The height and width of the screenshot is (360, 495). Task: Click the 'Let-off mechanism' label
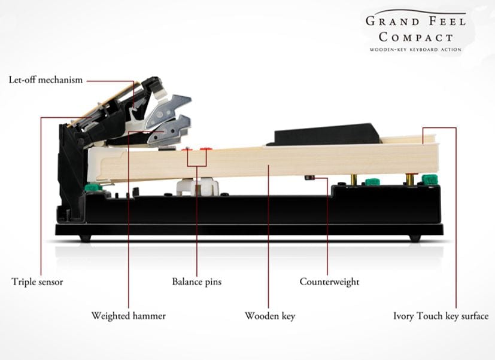pyautogui.click(x=45, y=80)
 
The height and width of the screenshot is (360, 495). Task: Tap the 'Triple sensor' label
pyautogui.click(x=37, y=282)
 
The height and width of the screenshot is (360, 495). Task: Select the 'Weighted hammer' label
pyautogui.click(x=129, y=316)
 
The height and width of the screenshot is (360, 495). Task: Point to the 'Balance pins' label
pyautogui.click(x=197, y=282)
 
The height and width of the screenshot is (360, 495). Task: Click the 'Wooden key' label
pyautogui.click(x=270, y=316)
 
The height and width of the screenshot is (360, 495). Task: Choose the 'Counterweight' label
pyautogui.click(x=330, y=282)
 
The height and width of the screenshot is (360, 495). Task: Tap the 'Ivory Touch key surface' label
pyautogui.click(x=441, y=316)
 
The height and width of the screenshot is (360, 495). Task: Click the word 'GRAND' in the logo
pyautogui.click(x=393, y=22)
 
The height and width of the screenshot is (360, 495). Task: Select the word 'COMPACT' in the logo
pyautogui.click(x=416, y=37)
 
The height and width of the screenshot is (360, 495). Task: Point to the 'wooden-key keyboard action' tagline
pyautogui.click(x=415, y=50)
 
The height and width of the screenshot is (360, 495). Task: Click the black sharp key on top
pyautogui.click(x=325, y=134)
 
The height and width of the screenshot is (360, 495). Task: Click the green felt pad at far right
pyautogui.click(x=430, y=179)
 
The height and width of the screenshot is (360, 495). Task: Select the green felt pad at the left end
pyautogui.click(x=93, y=187)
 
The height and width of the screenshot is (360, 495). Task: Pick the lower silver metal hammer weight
pyautogui.click(x=169, y=130)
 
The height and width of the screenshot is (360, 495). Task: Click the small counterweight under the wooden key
pyautogui.click(x=309, y=178)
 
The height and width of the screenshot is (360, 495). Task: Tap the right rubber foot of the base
pyautogui.click(x=415, y=238)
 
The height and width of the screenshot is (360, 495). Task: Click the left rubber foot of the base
pyautogui.click(x=85, y=238)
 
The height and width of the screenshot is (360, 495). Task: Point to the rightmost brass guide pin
pyautogui.click(x=411, y=179)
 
